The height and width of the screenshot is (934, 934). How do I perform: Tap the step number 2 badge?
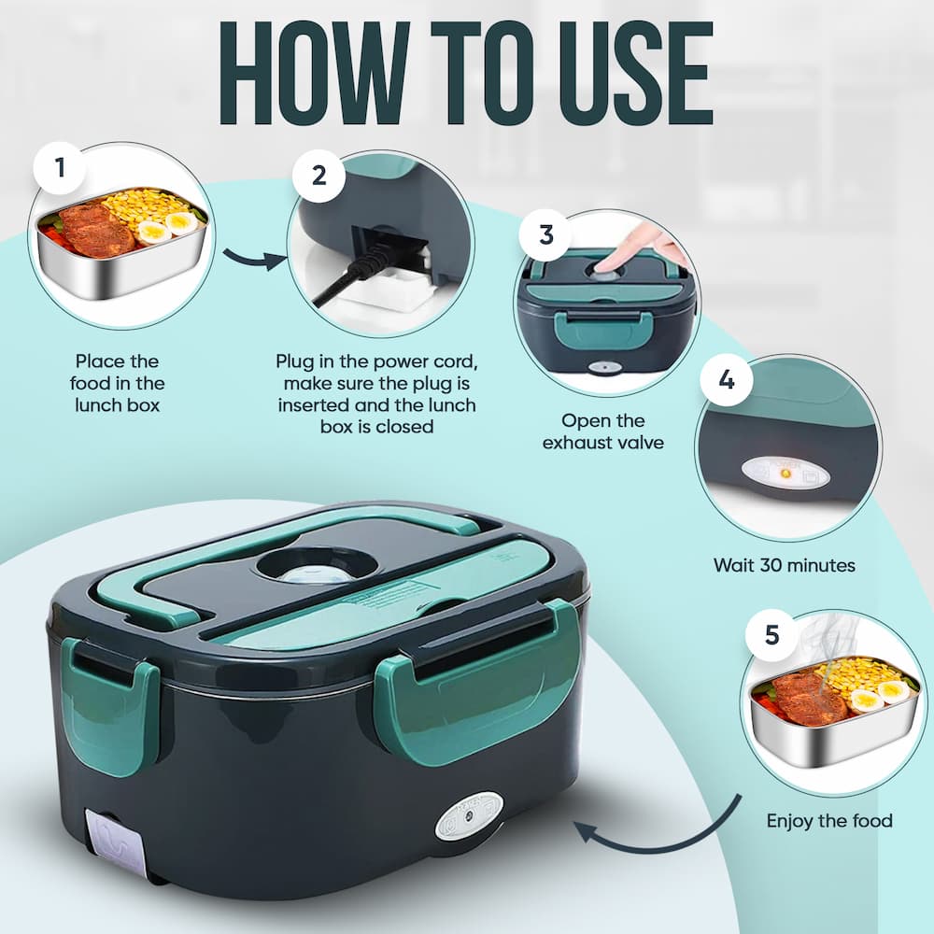pyautogui.click(x=319, y=174)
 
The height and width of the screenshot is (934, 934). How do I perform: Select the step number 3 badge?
pyautogui.click(x=546, y=233)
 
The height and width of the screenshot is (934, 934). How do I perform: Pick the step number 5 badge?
pyautogui.click(x=771, y=634)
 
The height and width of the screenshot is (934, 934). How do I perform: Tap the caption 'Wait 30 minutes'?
pyautogui.click(x=784, y=565)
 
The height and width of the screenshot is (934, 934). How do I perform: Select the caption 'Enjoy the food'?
pyautogui.click(x=829, y=821)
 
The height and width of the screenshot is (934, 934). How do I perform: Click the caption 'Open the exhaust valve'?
pyautogui.click(x=603, y=432)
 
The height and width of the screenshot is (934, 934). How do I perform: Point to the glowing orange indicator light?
pyautogui.click(x=785, y=474)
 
